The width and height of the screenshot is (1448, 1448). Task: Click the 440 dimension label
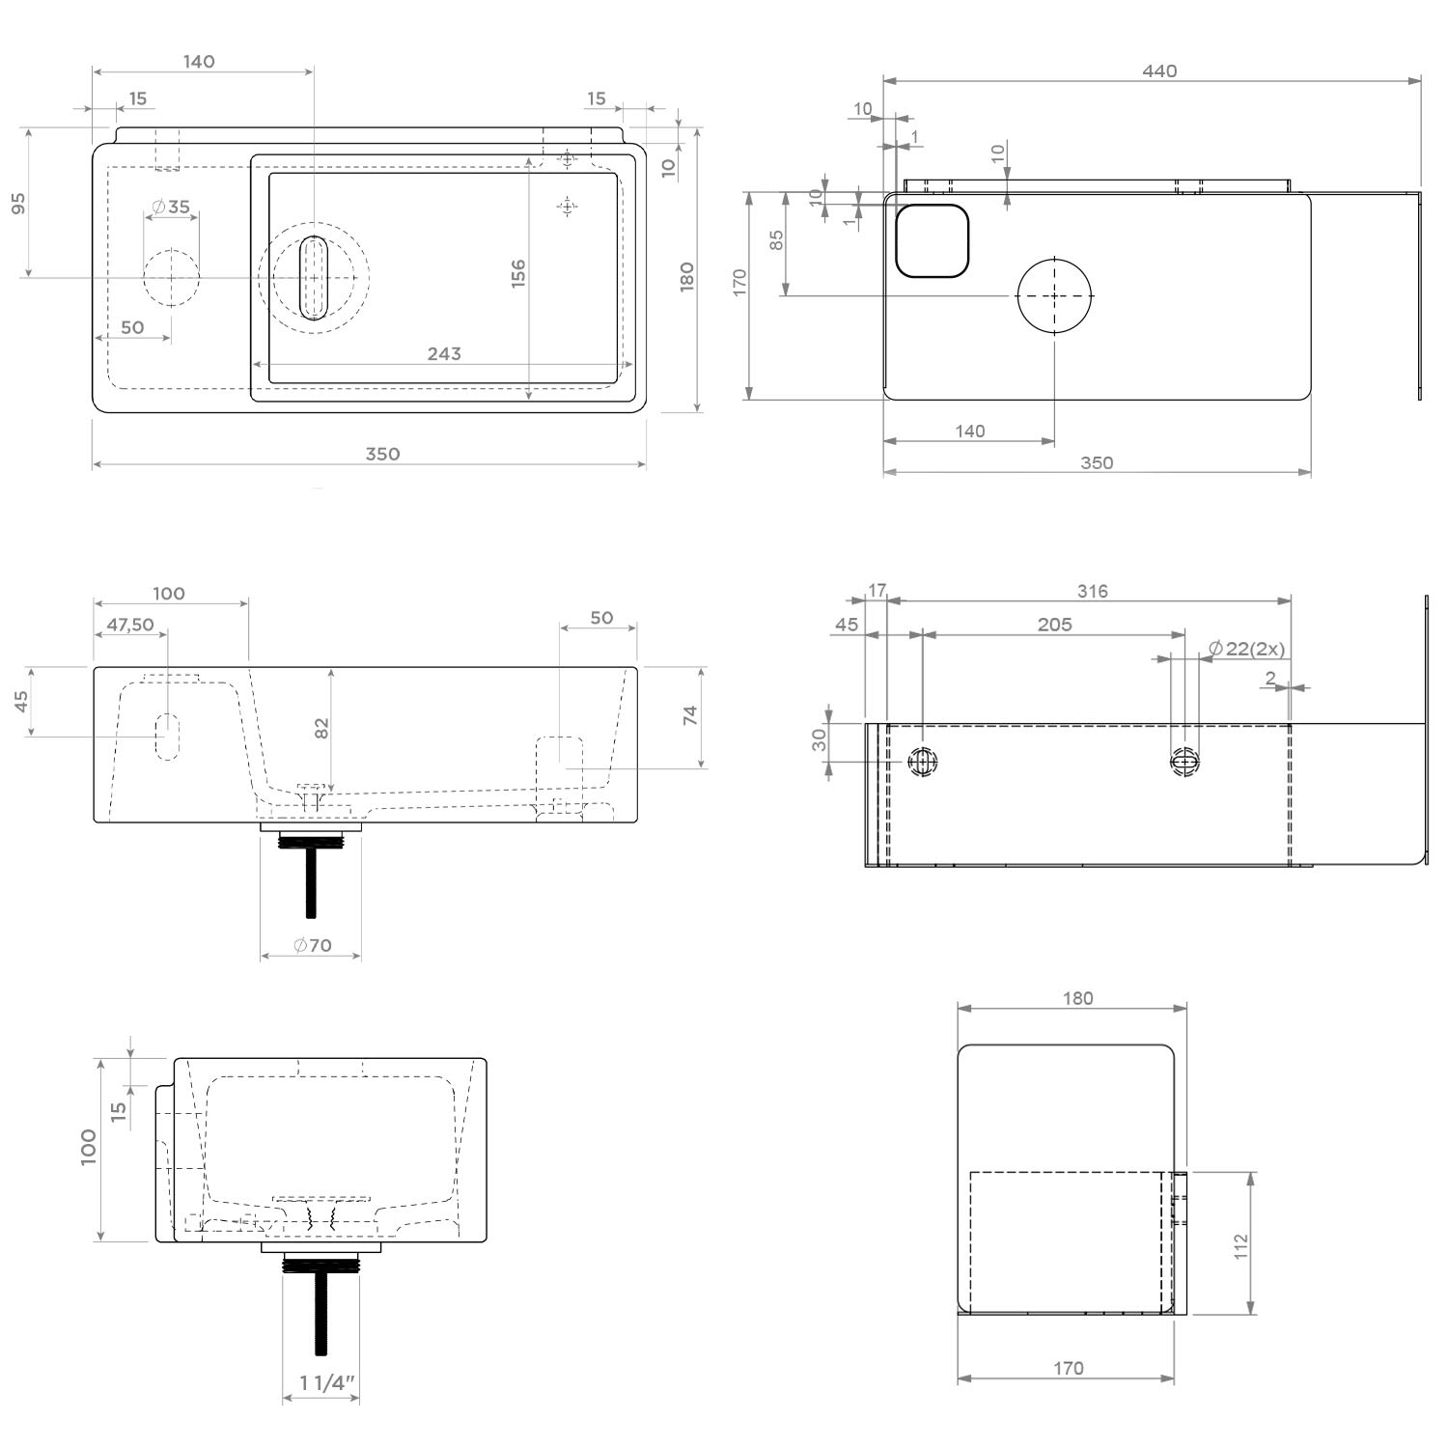[1159, 70]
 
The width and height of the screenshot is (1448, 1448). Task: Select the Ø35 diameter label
[172, 207]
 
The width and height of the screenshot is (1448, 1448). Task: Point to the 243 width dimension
[444, 353]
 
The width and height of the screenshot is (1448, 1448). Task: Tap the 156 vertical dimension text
[518, 273]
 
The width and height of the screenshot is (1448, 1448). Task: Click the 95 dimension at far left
[18, 204]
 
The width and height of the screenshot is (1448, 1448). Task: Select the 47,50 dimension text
[130, 625]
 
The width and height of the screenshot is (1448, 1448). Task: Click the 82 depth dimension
[322, 728]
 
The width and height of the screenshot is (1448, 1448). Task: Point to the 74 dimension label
[690, 716]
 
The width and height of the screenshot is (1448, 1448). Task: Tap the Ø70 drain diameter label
[313, 945]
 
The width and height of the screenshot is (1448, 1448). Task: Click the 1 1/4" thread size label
[327, 1383]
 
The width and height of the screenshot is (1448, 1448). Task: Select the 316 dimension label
[1093, 591]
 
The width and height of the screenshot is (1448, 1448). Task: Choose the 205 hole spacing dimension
[1054, 625]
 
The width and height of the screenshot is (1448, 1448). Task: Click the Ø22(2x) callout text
[1246, 649]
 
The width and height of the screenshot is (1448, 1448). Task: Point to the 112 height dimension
[1241, 1245]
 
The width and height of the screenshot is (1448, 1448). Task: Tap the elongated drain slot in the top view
[313, 277]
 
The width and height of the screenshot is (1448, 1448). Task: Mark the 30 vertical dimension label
[820, 740]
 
